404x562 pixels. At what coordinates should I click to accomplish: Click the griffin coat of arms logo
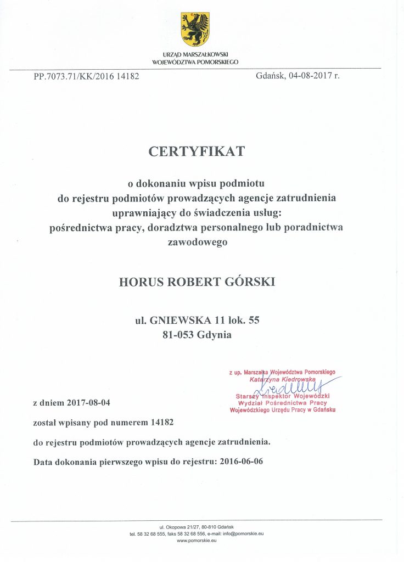(x=195, y=30)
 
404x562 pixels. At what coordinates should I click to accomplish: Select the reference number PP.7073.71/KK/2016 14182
(x=86, y=76)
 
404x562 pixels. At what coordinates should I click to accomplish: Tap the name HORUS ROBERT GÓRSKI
(x=197, y=282)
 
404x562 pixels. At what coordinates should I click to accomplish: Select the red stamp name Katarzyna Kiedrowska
(x=282, y=379)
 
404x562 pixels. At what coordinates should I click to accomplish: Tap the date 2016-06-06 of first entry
(x=241, y=461)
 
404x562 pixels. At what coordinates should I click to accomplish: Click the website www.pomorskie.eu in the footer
(x=197, y=541)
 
